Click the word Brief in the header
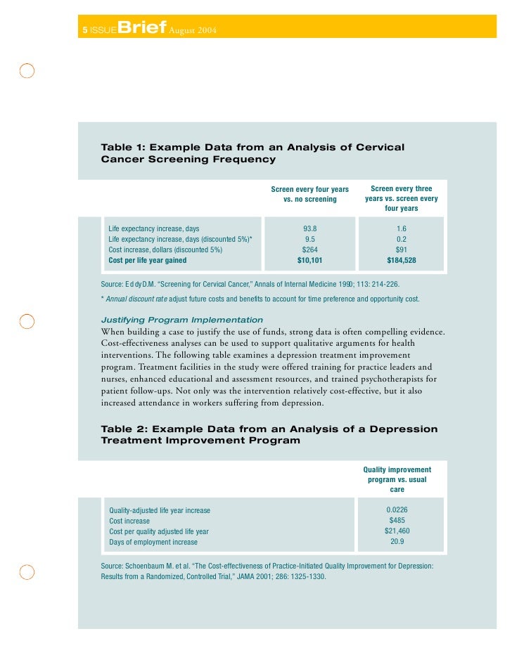[x=143, y=27]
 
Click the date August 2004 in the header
[x=192, y=30]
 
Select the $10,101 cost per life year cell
[x=309, y=260]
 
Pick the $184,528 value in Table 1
[x=402, y=260]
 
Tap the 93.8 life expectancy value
[x=309, y=228]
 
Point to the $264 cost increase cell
[x=309, y=249]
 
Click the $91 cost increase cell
[x=402, y=249]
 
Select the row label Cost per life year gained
[x=148, y=260]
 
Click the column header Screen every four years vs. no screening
[x=309, y=194]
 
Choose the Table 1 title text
[x=253, y=153]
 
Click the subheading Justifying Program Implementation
[x=182, y=320]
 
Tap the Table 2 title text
[x=269, y=434]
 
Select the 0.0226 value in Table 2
[x=397, y=510]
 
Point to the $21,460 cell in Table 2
[x=397, y=531]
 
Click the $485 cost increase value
[x=397, y=521]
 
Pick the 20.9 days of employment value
[x=397, y=542]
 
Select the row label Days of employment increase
[x=153, y=543]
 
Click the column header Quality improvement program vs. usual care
[x=397, y=479]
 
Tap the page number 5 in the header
[x=84, y=30]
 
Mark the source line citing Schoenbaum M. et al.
[x=267, y=571]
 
